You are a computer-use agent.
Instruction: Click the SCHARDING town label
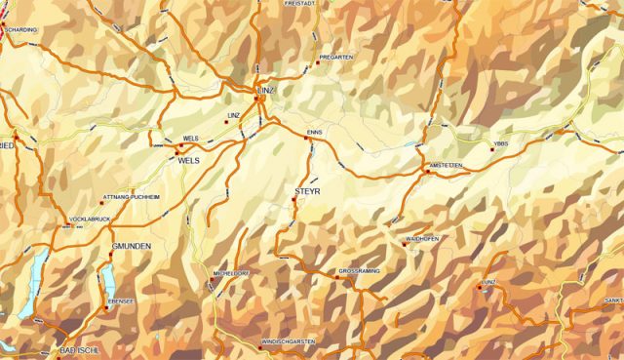(x=20, y=30)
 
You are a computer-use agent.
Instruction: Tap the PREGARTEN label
(x=335, y=58)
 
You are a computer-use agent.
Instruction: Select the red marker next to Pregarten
(x=318, y=65)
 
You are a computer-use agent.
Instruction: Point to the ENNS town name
(x=313, y=130)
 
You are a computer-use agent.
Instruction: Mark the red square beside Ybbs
(x=492, y=150)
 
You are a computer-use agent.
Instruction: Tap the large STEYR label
(x=307, y=191)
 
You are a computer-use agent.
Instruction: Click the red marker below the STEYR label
(x=294, y=202)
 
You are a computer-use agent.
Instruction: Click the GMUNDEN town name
(x=131, y=247)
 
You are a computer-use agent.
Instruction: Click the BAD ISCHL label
(x=80, y=349)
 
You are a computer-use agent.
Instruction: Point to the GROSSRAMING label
(x=359, y=269)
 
